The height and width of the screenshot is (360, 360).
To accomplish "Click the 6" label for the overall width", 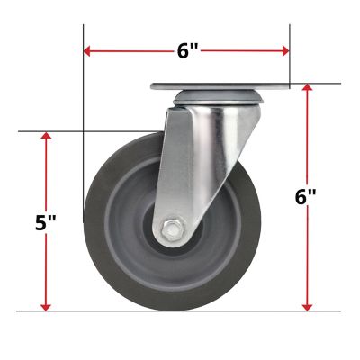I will tap(187, 51).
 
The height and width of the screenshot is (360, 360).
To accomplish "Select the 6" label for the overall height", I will tap(306, 198).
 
